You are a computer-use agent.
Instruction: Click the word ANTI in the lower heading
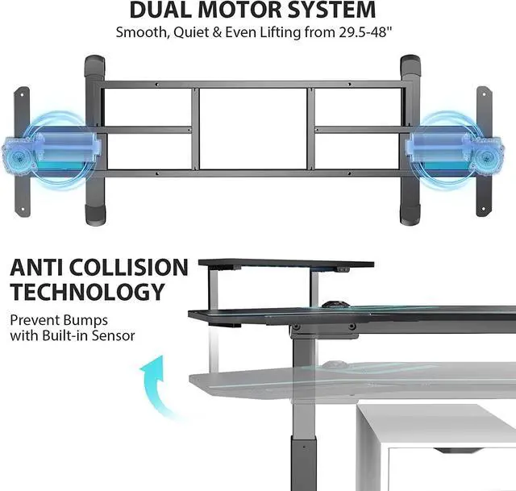[40, 268]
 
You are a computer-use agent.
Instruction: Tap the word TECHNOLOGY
[87, 292]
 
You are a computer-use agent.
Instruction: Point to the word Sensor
[112, 335]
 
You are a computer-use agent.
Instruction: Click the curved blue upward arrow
[154, 382]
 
